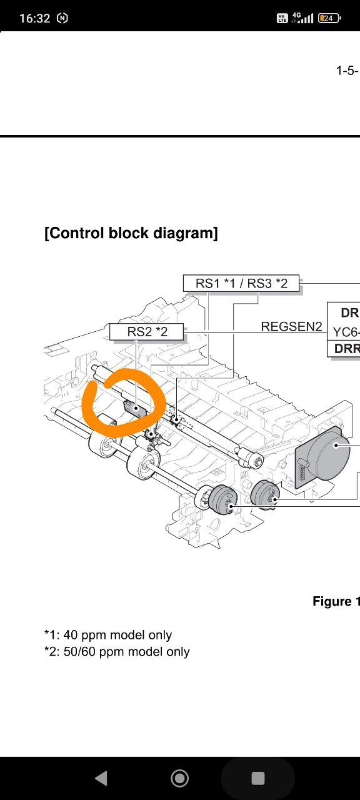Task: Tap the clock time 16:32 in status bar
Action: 34,18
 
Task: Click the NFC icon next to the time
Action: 62,18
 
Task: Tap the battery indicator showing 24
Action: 329,18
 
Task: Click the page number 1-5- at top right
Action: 347,71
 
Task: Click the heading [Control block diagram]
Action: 131,233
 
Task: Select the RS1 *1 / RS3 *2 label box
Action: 241,283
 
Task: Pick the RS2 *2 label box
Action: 146,332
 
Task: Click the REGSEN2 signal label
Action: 291,326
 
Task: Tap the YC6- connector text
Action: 346,332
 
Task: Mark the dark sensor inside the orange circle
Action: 134,408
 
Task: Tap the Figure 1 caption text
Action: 336,601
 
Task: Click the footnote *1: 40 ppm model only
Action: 108,634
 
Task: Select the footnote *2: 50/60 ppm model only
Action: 117,651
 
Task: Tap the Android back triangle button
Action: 101,778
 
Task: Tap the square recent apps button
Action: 258,778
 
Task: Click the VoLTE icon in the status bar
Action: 282,18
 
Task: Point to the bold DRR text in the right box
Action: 346,349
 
